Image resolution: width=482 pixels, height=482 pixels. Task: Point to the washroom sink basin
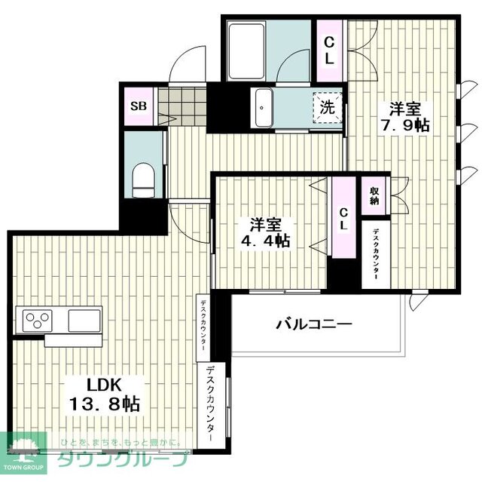tap(264, 105)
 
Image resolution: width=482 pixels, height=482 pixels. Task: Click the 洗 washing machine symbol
tap(328, 105)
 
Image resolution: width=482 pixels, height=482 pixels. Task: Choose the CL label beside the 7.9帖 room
tap(330, 48)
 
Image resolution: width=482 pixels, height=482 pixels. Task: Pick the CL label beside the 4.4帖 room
tap(343, 219)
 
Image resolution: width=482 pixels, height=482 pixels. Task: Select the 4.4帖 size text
tap(264, 241)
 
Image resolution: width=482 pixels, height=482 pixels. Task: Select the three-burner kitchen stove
tap(36, 321)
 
